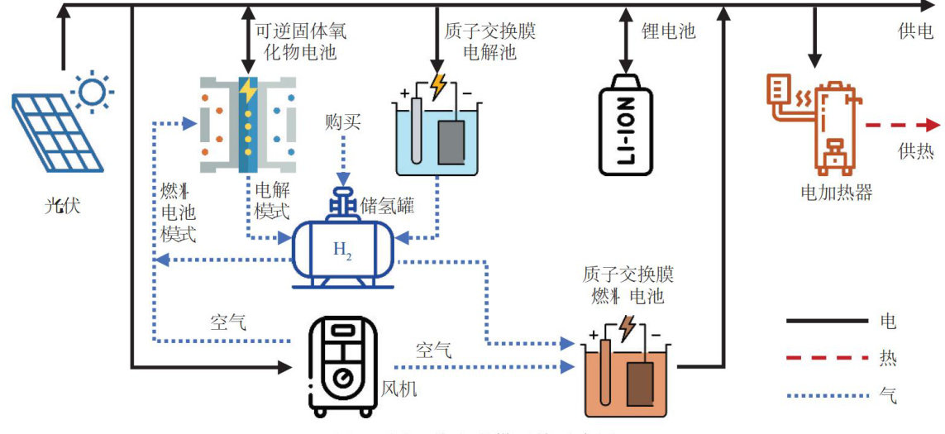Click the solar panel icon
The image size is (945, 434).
56,132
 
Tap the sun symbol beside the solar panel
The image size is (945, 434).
91,89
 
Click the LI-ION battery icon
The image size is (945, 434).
625,124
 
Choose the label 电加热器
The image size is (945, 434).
836,193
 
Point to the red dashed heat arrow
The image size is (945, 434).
901,126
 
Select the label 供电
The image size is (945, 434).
915,31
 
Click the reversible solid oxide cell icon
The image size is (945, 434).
247,124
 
